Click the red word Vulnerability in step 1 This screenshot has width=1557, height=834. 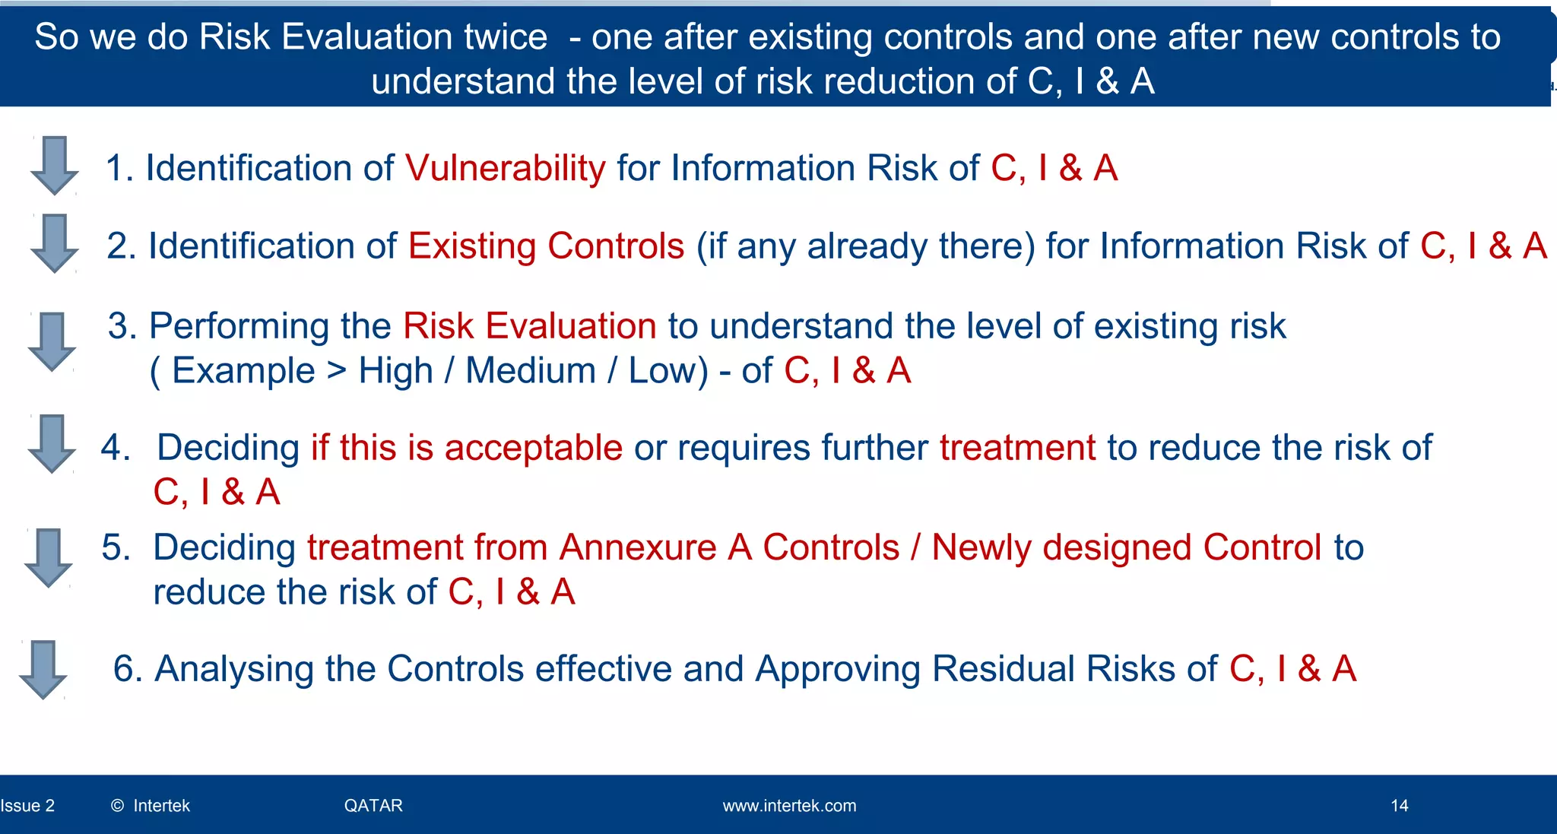505,168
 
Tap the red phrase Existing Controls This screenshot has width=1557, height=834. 546,246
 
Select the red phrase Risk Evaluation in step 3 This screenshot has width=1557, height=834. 529,326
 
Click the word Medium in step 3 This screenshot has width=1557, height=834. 531,371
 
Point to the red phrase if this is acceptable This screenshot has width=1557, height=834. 466,448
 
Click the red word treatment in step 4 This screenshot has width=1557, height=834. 1017,448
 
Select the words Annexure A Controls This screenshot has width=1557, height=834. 729,547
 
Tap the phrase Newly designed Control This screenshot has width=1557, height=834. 1127,547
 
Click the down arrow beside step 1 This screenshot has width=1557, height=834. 55,165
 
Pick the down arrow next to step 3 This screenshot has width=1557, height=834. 52,341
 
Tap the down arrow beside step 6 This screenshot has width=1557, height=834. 43,669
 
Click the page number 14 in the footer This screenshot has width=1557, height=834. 1399,806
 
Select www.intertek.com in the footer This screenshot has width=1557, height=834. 789,806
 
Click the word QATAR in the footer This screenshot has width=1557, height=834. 373,806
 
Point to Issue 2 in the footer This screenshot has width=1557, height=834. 28,806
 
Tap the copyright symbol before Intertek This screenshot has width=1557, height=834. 117,806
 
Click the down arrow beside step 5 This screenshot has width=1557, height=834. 49,557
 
